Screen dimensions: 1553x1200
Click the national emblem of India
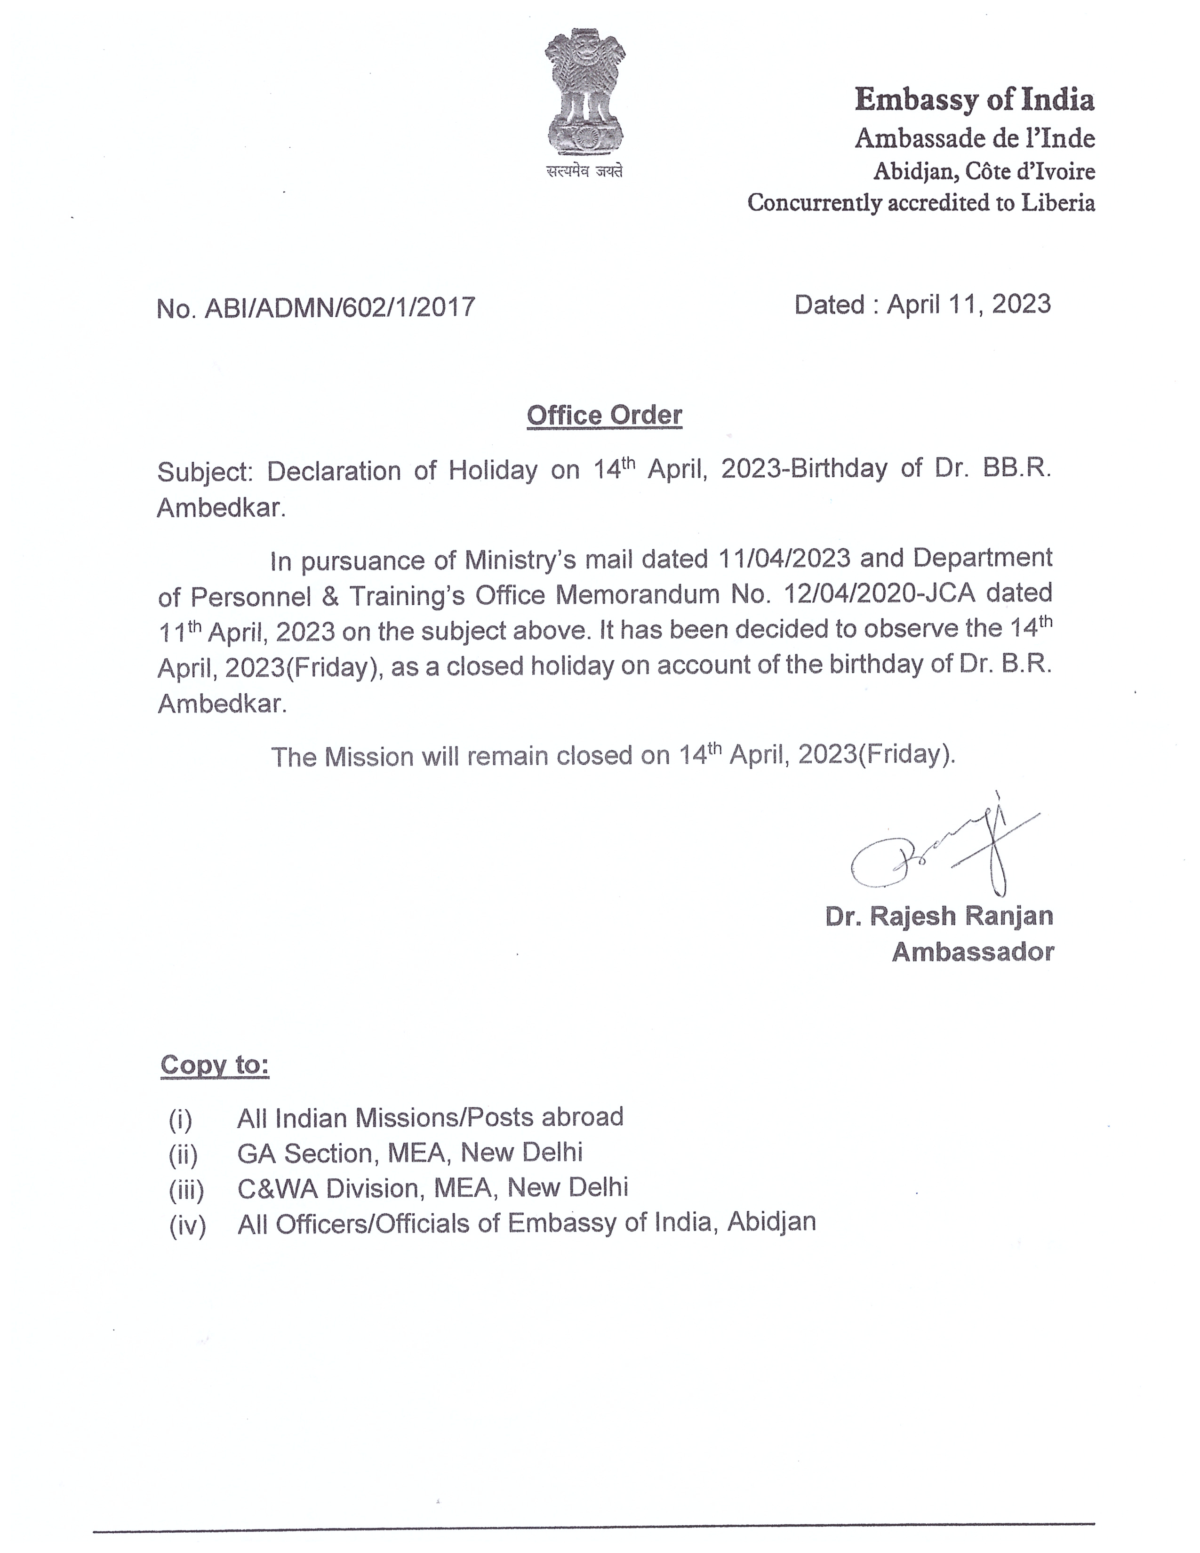[584, 92]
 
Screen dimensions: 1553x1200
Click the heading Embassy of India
[974, 100]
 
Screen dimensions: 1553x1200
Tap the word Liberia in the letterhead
[1058, 203]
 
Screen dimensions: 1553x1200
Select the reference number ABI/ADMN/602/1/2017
[340, 307]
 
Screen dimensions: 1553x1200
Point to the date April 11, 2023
[969, 304]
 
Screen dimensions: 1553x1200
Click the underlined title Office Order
[604, 415]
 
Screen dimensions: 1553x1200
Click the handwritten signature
[938, 850]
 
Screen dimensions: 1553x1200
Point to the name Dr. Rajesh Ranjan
[938, 916]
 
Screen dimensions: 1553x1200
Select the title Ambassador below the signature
[973, 952]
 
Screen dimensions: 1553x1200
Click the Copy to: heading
[215, 1065]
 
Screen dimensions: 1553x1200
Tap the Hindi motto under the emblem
[584, 171]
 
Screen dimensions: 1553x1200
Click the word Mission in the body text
[368, 757]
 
